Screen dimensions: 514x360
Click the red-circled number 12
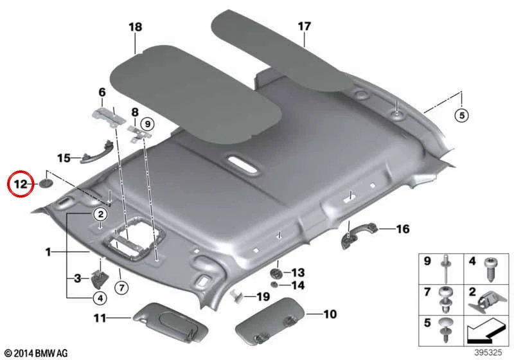tap(20, 184)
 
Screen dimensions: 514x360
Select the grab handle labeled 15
tap(97, 152)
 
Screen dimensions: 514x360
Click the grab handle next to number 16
tap(359, 234)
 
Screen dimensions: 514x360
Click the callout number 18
tap(135, 26)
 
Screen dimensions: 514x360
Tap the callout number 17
tap(304, 26)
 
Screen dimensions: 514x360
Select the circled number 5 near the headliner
tap(461, 116)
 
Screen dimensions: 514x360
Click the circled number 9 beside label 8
tap(148, 124)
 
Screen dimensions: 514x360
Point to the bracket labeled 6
tap(108, 116)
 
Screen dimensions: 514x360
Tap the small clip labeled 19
tap(237, 296)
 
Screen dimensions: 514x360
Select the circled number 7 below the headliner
tap(121, 288)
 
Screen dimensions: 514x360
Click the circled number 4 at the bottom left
tap(100, 298)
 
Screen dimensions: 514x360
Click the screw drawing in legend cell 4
tap(491, 269)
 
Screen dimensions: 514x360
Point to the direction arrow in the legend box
tap(486, 332)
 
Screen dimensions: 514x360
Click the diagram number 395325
tap(488, 352)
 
